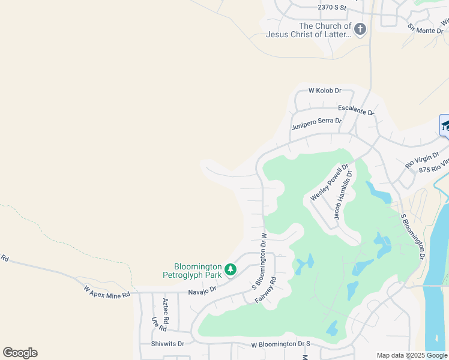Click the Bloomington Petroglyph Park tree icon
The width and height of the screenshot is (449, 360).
[x=230, y=271]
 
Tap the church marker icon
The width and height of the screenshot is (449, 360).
[x=360, y=29]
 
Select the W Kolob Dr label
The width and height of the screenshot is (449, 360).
[x=325, y=91]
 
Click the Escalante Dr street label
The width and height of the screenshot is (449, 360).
[x=356, y=109]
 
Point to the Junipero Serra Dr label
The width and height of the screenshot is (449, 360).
[x=316, y=124]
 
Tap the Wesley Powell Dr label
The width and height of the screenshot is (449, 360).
[x=330, y=182]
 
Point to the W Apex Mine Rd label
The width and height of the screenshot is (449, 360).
[x=107, y=292]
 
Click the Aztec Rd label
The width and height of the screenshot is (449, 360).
[x=166, y=311]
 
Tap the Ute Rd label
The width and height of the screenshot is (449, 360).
[x=158, y=324]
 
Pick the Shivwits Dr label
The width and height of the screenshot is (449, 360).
[x=168, y=344]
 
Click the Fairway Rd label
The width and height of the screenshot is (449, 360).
[x=265, y=289]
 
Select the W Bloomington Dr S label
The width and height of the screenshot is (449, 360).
[x=281, y=345]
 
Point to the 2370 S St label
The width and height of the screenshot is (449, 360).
[x=333, y=8]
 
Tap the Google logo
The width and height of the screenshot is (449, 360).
[x=20, y=353]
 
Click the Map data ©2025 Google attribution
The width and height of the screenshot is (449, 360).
[x=412, y=355]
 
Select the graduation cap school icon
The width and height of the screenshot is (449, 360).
[x=445, y=125]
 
